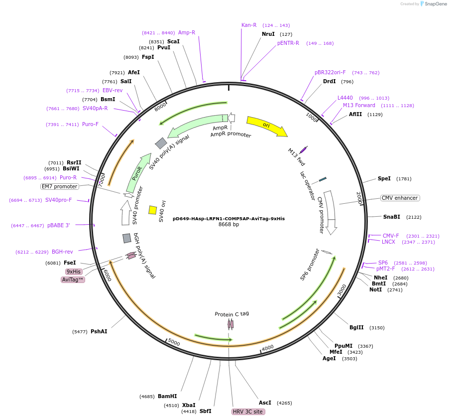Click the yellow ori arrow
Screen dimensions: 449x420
(x=267, y=126)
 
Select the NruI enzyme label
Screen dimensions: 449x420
(x=268, y=34)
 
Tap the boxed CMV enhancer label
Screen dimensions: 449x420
(x=400, y=198)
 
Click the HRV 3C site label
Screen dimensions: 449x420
(x=248, y=412)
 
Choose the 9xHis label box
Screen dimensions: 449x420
(x=74, y=272)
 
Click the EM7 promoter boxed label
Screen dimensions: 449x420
(x=60, y=186)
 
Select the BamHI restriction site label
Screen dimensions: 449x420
(x=167, y=397)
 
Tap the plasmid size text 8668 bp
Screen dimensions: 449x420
(x=229, y=225)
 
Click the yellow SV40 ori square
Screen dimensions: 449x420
(x=153, y=210)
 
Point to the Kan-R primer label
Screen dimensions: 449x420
(x=249, y=25)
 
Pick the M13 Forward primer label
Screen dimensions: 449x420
(x=359, y=105)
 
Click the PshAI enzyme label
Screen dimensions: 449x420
(x=99, y=331)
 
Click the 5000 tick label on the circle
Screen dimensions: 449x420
(x=174, y=342)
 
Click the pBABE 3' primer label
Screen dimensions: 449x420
(x=59, y=226)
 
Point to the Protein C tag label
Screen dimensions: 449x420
(x=232, y=314)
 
